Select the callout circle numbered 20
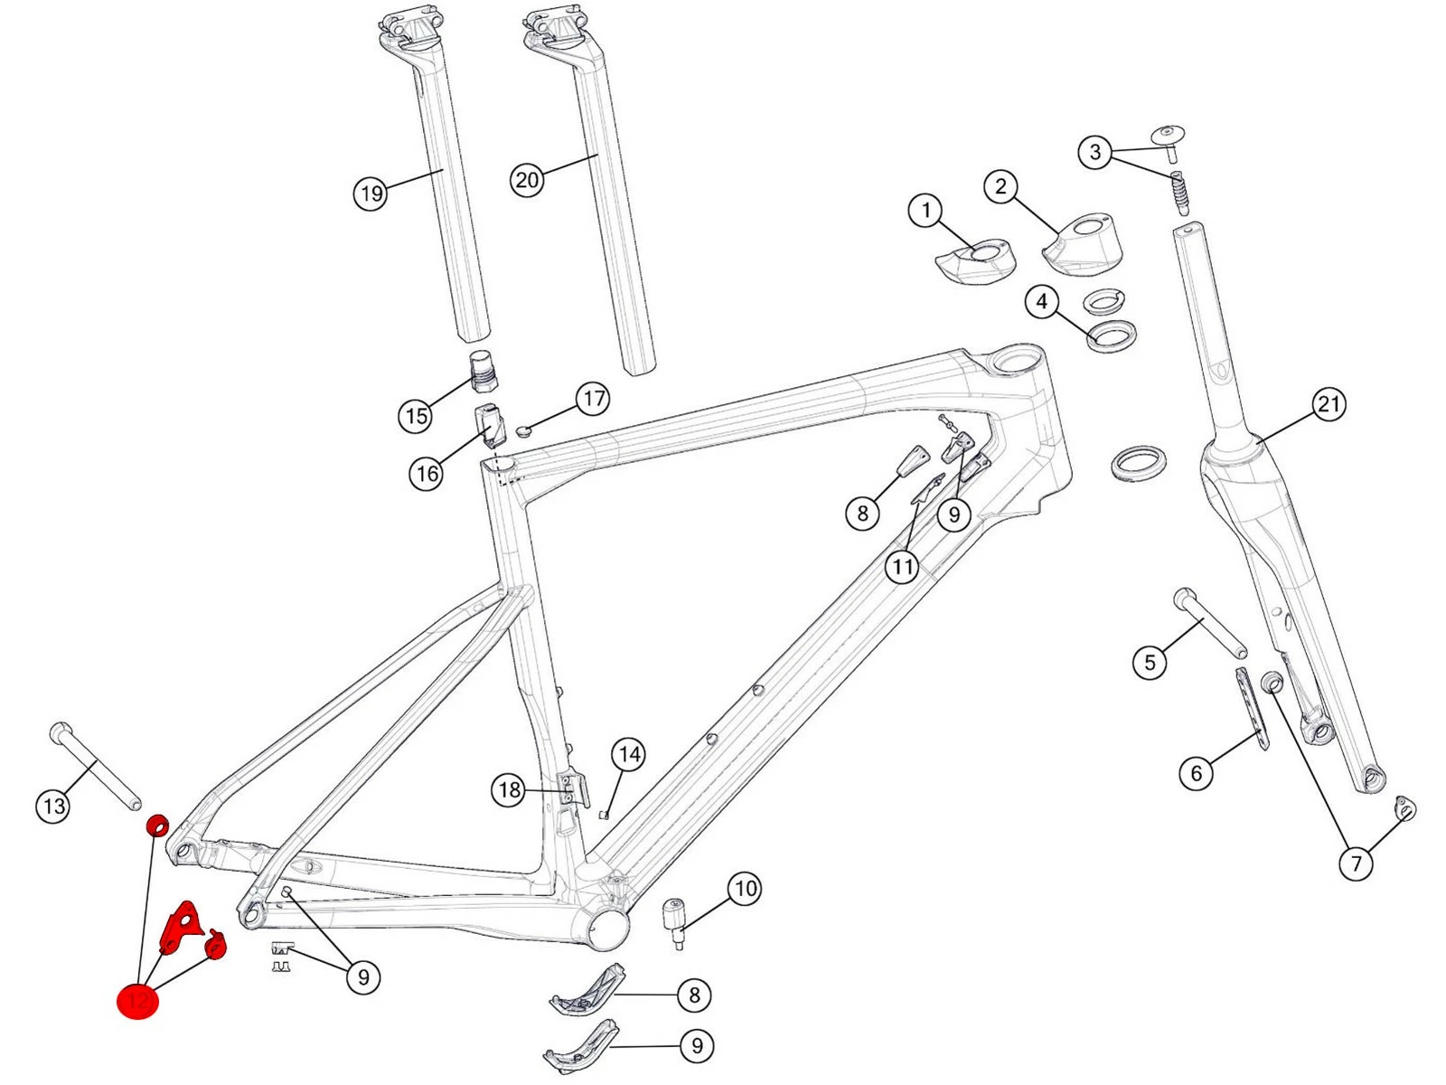click(x=527, y=180)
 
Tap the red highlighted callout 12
click(x=138, y=1001)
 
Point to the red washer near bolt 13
click(x=157, y=825)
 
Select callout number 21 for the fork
click(x=1329, y=404)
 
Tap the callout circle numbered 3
click(x=1095, y=152)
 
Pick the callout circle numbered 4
click(x=1042, y=301)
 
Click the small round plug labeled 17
click(x=527, y=429)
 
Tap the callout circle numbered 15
click(x=416, y=416)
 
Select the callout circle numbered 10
click(x=746, y=889)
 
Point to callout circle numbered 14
click(x=629, y=754)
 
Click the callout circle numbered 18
click(x=510, y=790)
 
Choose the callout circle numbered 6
click(x=1197, y=773)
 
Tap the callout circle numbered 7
click(x=1356, y=863)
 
